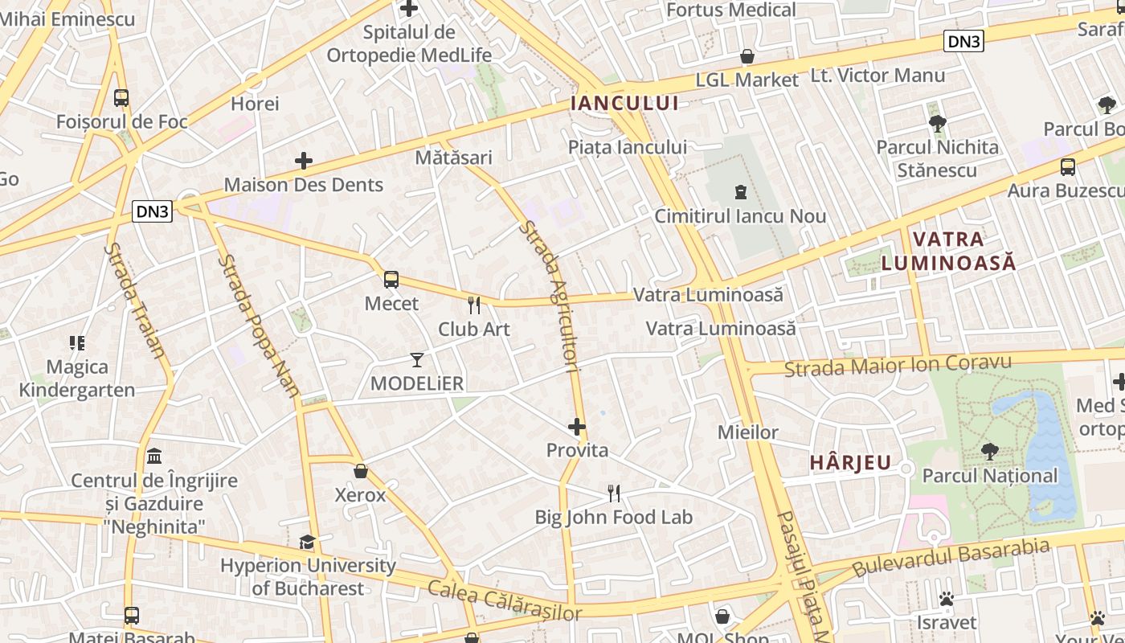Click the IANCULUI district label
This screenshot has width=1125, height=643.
coord(624,103)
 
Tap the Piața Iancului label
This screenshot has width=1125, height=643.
coord(627,147)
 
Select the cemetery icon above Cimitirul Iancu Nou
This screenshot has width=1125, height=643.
coord(740,192)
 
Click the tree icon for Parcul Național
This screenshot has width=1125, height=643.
coord(989,452)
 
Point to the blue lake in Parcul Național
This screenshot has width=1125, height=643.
coord(1045,450)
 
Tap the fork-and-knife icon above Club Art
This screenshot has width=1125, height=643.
coord(474,305)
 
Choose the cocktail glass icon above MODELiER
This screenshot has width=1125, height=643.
coord(417,359)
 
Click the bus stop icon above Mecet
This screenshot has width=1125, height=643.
coord(391,280)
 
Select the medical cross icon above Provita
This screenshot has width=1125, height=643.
coord(577,427)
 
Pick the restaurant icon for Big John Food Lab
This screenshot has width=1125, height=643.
coord(614,494)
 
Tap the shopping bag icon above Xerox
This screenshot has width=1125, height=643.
coord(361,471)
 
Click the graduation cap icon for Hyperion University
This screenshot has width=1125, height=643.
coord(307,542)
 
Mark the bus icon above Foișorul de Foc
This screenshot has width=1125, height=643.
coord(121,98)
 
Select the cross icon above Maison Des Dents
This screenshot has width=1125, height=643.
coord(303,161)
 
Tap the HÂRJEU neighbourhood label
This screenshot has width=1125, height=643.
coord(850,463)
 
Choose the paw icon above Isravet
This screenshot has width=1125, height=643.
coord(947,599)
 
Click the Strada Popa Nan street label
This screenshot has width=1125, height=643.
coord(258,326)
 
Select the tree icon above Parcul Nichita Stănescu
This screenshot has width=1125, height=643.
coord(937,124)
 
